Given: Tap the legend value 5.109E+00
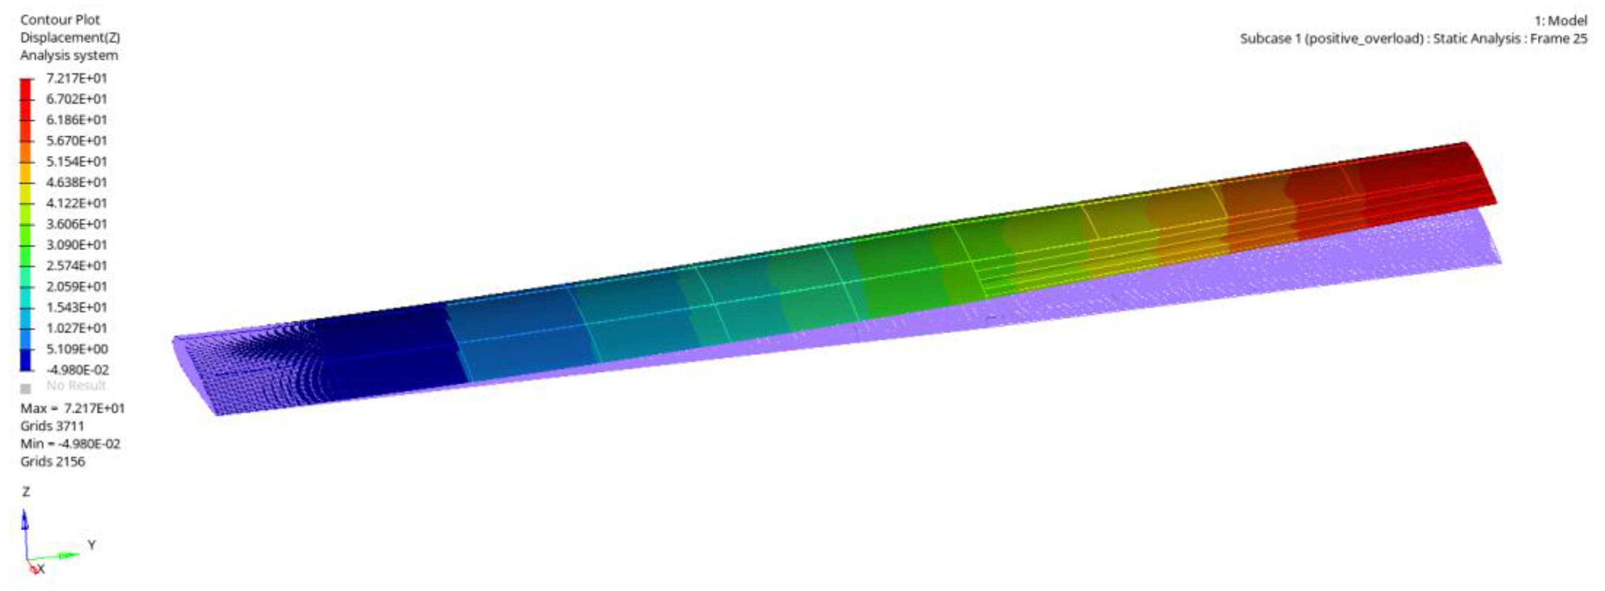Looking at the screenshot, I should (x=77, y=349).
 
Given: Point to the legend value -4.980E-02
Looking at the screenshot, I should (x=77, y=370).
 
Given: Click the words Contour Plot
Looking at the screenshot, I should (x=60, y=20).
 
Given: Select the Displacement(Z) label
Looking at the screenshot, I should (x=70, y=37).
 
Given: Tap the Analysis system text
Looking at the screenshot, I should (x=69, y=55).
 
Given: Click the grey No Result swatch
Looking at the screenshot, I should (x=26, y=388).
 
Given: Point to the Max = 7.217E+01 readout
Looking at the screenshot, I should (x=72, y=408).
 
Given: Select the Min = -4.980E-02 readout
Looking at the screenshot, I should (x=70, y=444).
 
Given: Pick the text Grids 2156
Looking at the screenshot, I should (x=52, y=461).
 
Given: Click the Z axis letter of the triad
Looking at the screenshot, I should (x=26, y=492).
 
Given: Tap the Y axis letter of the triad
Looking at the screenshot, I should (x=91, y=545).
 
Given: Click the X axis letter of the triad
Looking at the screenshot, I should (x=41, y=569).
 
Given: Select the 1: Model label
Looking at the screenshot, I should (x=1560, y=20).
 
